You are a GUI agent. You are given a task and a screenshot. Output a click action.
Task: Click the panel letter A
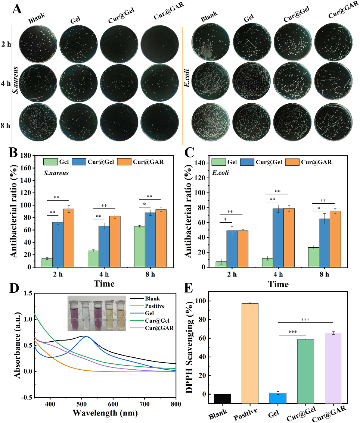(17, 8)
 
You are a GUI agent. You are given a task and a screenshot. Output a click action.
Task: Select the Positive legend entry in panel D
(153, 305)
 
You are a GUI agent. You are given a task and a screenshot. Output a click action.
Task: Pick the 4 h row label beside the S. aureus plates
(6, 83)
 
